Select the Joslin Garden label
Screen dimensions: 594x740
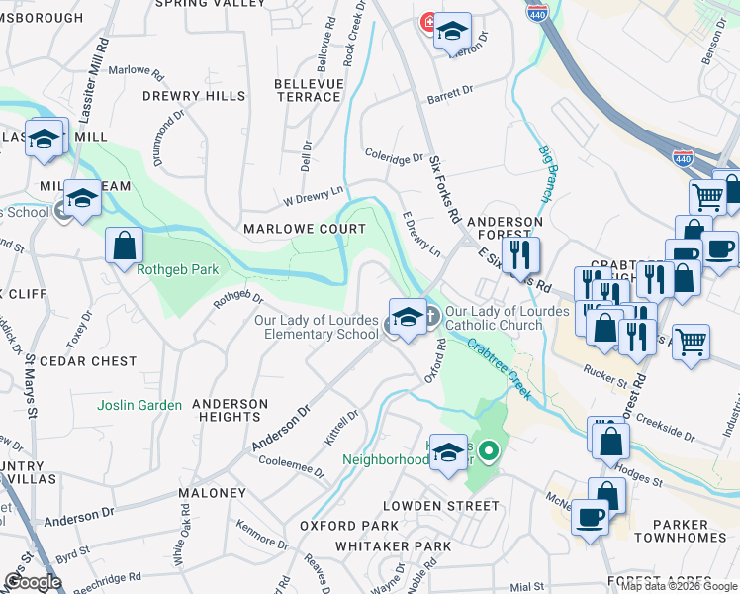click(139, 405)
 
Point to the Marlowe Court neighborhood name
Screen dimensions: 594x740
click(304, 228)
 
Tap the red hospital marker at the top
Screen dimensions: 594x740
click(429, 21)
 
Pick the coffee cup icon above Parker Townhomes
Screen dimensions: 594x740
click(592, 518)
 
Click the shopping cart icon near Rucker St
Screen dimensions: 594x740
click(693, 343)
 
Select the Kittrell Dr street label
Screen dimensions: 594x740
click(341, 429)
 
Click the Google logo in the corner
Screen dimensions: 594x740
click(32, 582)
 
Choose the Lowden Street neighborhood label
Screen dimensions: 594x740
click(441, 505)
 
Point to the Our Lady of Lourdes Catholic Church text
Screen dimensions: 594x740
click(507, 317)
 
